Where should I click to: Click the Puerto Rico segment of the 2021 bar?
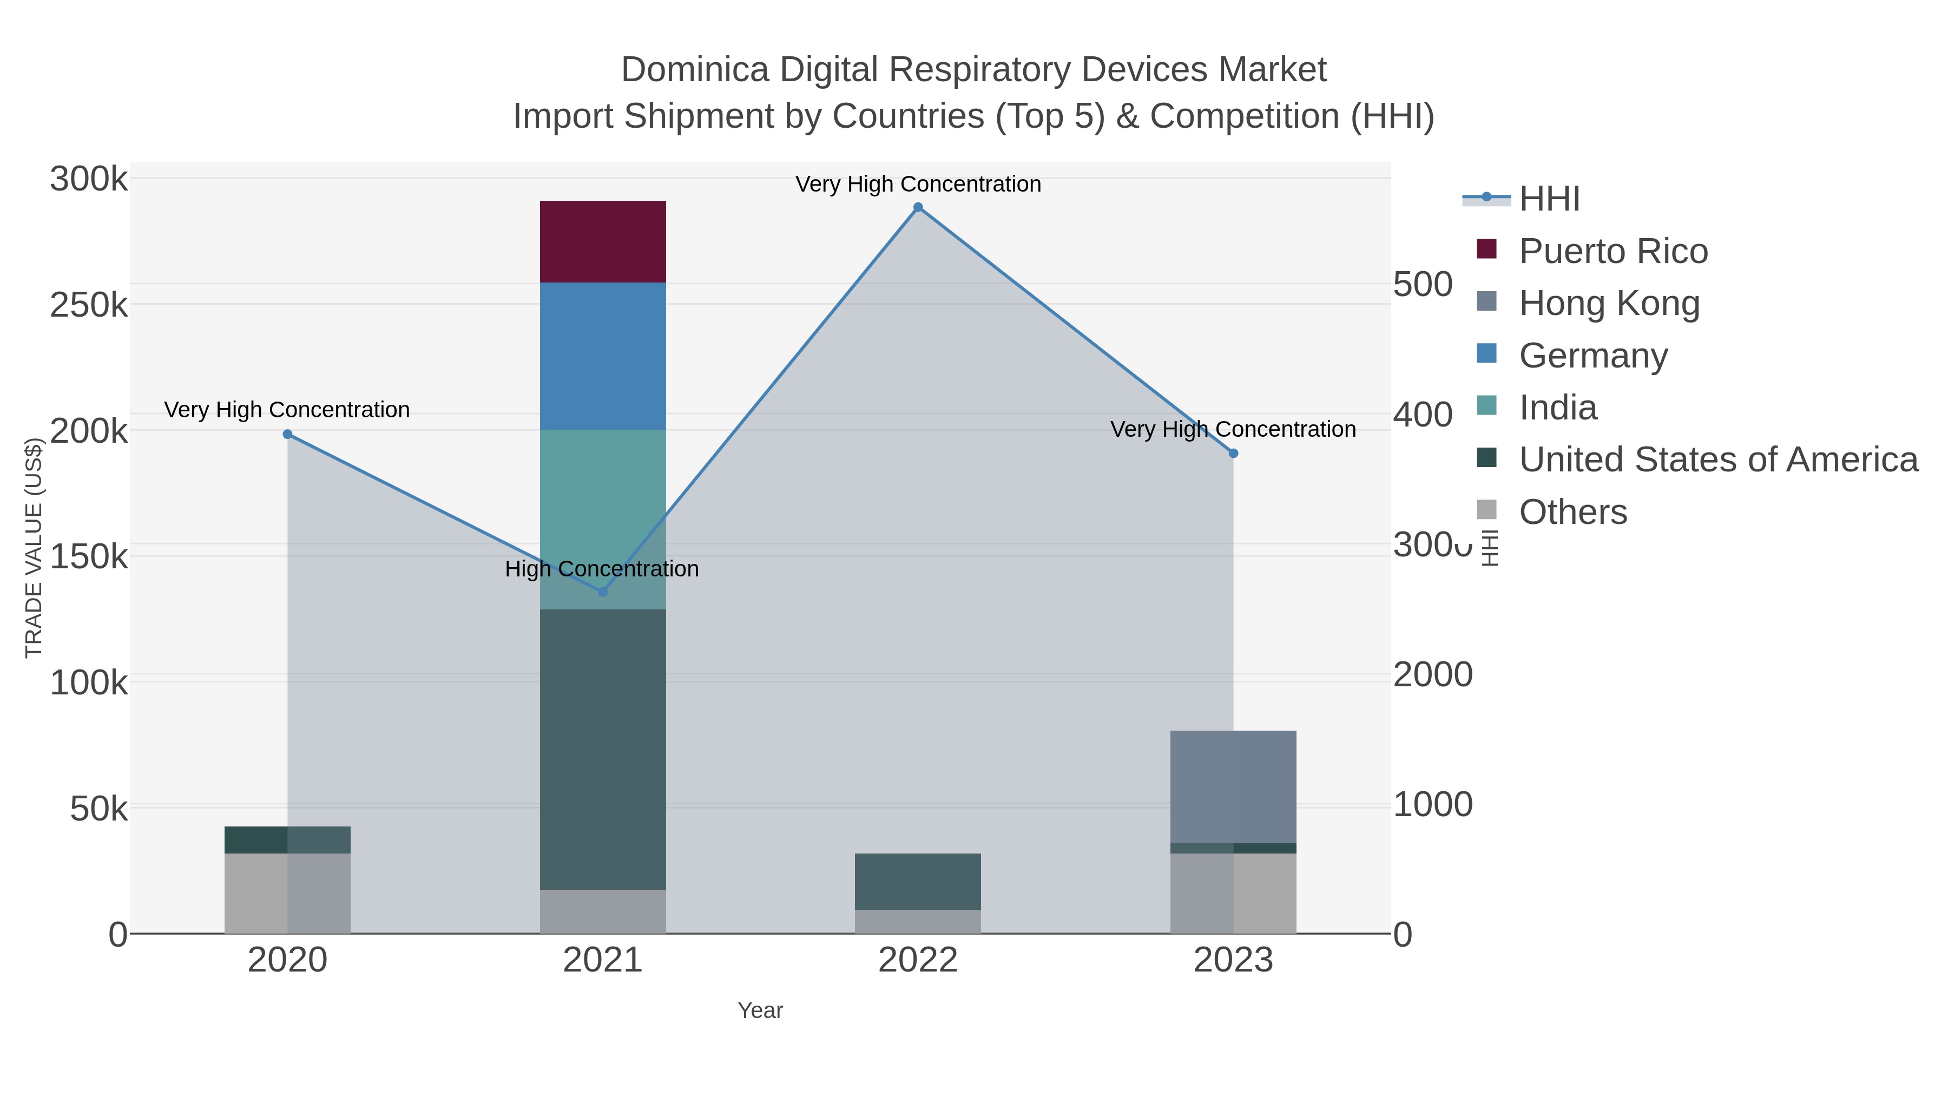tap(603, 241)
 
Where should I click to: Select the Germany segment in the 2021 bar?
tap(603, 356)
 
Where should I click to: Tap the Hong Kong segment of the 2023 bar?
tap(1233, 786)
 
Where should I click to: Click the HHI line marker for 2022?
tap(918, 207)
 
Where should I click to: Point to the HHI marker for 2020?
tap(287, 434)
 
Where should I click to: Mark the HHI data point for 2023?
tap(1233, 453)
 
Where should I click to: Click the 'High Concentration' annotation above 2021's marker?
tap(602, 569)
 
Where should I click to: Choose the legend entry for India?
tap(1558, 408)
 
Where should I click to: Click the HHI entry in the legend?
tap(1549, 199)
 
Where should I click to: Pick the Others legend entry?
tap(1573, 512)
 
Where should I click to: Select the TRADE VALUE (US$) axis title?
tap(33, 548)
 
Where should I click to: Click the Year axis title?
tap(760, 1010)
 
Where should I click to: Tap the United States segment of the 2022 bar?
tap(918, 881)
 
